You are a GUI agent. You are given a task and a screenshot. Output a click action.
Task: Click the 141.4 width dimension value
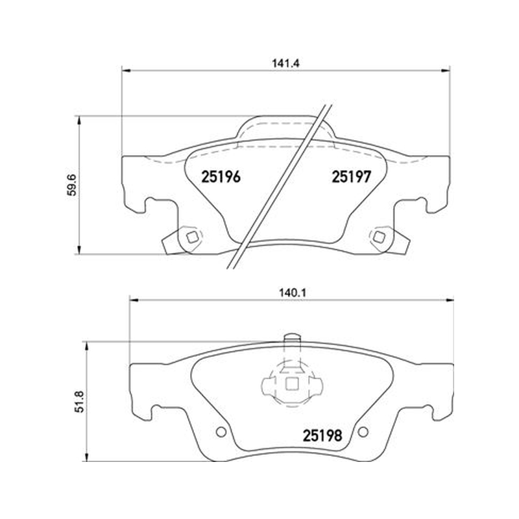(285, 63)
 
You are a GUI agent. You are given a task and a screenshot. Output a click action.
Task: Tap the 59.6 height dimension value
(71, 185)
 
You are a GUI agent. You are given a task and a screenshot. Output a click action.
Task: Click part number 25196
(221, 176)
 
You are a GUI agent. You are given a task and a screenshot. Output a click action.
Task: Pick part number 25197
(352, 176)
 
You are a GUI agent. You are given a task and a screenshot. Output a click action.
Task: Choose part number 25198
(322, 436)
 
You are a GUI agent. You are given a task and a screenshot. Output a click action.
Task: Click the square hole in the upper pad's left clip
(191, 237)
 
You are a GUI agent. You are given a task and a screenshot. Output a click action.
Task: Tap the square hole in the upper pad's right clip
(378, 237)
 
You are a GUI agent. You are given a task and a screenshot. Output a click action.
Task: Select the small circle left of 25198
(221, 431)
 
